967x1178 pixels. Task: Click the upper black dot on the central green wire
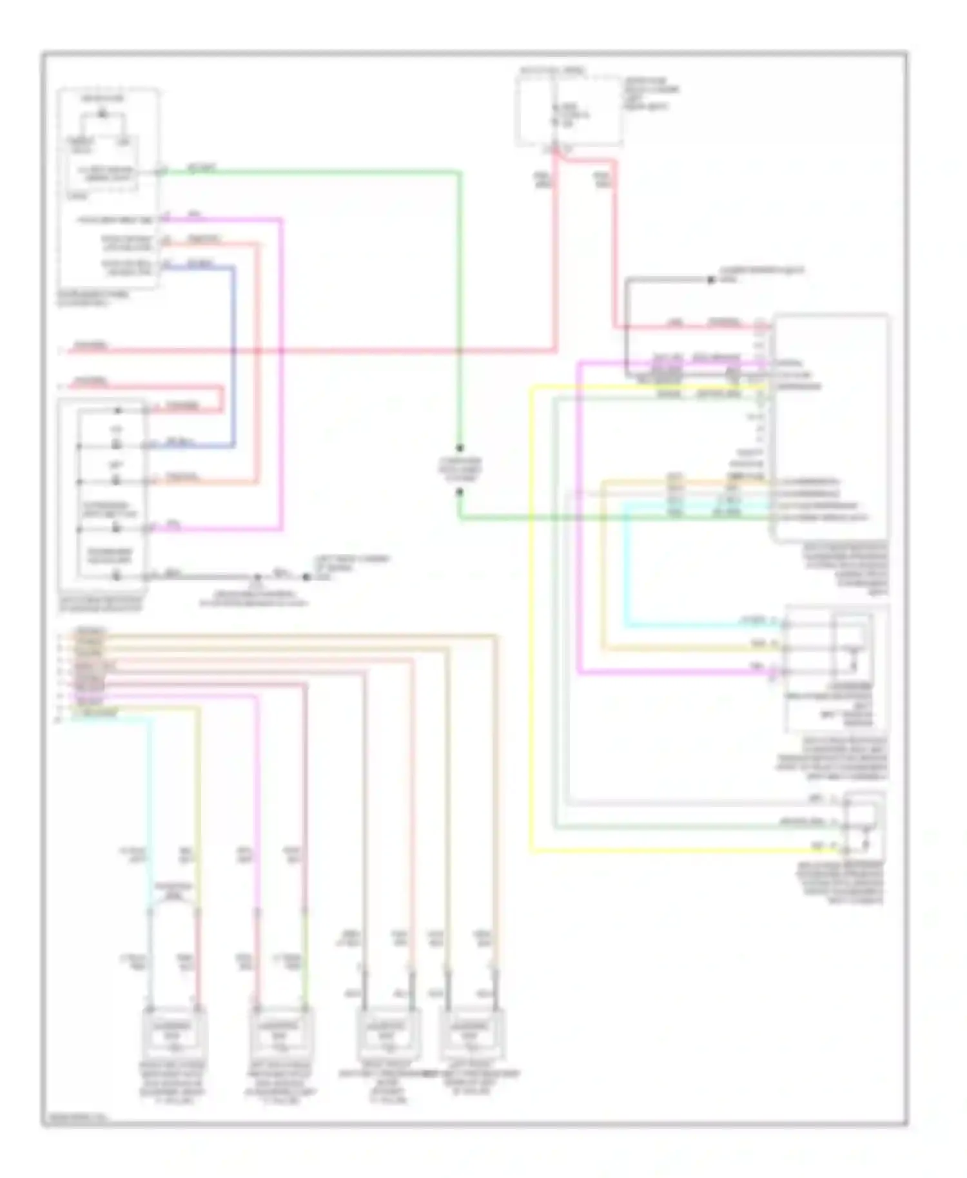[x=460, y=447]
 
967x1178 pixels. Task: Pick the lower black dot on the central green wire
[x=460, y=492]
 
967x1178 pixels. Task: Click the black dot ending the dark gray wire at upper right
[x=710, y=280]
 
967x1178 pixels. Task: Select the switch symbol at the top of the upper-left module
[x=102, y=115]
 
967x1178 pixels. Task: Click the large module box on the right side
[x=830, y=427]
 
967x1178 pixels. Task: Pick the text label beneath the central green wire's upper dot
[x=460, y=469]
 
